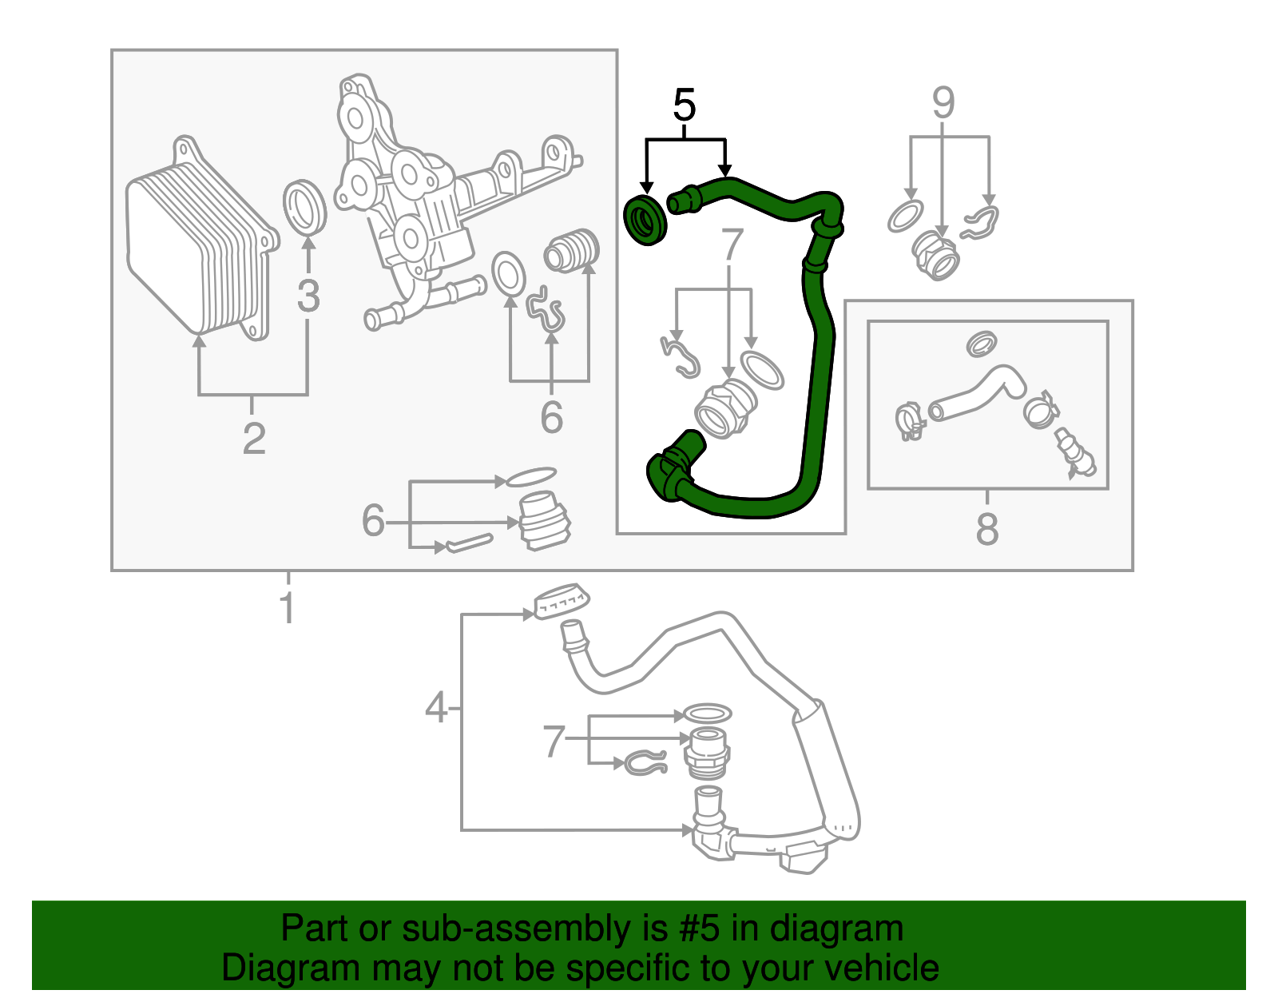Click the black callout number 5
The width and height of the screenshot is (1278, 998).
(x=685, y=105)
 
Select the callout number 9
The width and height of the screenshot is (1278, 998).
(x=943, y=103)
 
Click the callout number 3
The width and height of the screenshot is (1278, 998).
(x=308, y=296)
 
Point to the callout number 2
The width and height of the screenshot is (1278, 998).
(x=254, y=439)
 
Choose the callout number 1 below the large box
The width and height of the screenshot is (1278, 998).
(x=288, y=609)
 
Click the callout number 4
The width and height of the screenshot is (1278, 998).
(x=435, y=708)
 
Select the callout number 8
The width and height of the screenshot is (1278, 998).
(x=987, y=529)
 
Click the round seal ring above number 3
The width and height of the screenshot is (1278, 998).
(x=305, y=208)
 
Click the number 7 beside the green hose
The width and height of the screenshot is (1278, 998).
(x=732, y=245)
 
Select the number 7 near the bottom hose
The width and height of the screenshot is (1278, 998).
(x=554, y=741)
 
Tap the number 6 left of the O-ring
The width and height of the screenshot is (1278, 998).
(x=373, y=520)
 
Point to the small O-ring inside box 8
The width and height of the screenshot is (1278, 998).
(x=981, y=344)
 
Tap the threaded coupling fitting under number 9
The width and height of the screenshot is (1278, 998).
(x=936, y=254)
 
